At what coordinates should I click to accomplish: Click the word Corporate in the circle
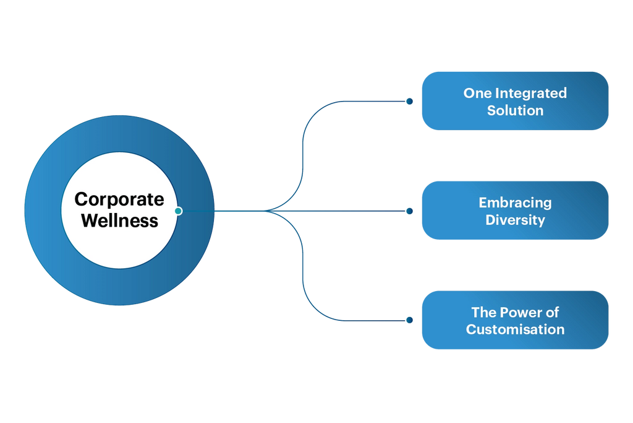pyautogui.click(x=119, y=199)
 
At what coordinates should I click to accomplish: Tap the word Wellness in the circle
pyautogui.click(x=119, y=220)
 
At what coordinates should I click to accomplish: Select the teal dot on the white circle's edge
pyautogui.click(x=178, y=211)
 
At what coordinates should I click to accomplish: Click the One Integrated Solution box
pyautogui.click(x=515, y=101)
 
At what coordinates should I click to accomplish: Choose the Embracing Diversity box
pyautogui.click(x=515, y=211)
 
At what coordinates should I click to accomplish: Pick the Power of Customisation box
pyautogui.click(x=515, y=320)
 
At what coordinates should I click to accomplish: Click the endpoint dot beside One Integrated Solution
pyautogui.click(x=409, y=101)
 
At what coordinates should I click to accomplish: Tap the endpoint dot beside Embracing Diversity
pyautogui.click(x=409, y=211)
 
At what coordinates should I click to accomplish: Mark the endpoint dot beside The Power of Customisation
pyautogui.click(x=409, y=320)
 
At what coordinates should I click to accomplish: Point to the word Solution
pyautogui.click(x=515, y=111)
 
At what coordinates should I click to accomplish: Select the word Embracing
pyautogui.click(x=515, y=203)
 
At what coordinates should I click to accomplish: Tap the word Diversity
pyautogui.click(x=515, y=220)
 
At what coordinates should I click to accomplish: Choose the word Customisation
pyautogui.click(x=515, y=329)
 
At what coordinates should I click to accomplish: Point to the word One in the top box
pyautogui.click(x=475, y=94)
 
